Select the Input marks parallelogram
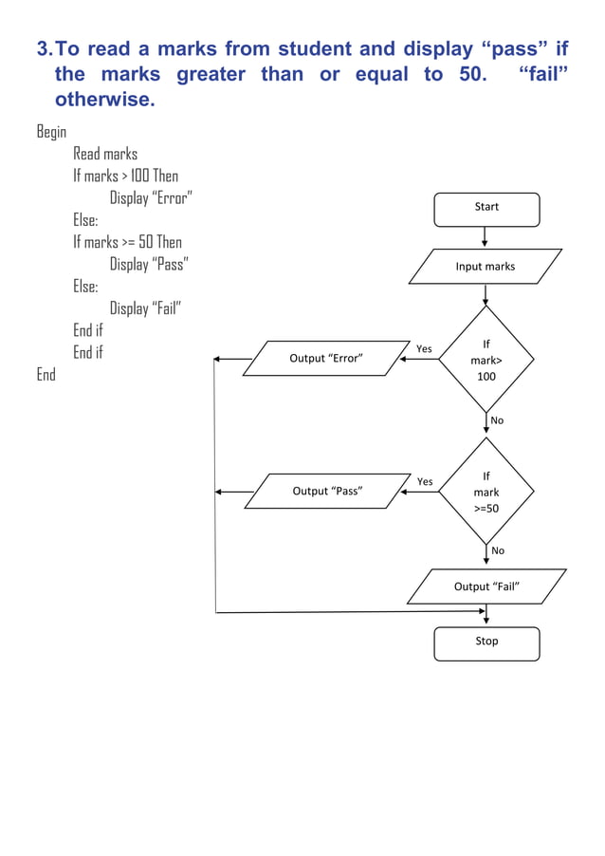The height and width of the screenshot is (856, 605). [486, 267]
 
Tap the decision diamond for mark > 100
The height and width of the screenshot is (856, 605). [486, 360]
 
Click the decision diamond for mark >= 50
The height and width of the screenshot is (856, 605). [486, 492]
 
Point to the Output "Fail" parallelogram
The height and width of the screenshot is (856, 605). [486, 586]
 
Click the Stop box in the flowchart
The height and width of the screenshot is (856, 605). [486, 642]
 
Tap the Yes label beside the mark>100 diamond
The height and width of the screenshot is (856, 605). [424, 349]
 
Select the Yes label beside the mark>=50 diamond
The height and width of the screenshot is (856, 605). [425, 482]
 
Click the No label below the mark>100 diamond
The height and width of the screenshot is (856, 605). [498, 419]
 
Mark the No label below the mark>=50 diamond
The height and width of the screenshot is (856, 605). [498, 550]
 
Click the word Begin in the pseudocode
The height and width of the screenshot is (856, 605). [51, 132]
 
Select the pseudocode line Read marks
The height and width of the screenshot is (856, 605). [105, 154]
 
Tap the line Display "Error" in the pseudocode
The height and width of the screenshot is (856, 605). [152, 198]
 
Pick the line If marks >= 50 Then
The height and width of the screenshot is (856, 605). [127, 242]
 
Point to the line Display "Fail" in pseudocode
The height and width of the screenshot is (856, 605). [145, 308]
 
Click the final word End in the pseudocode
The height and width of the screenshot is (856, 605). [46, 375]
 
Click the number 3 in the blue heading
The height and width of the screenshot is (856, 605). [42, 48]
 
